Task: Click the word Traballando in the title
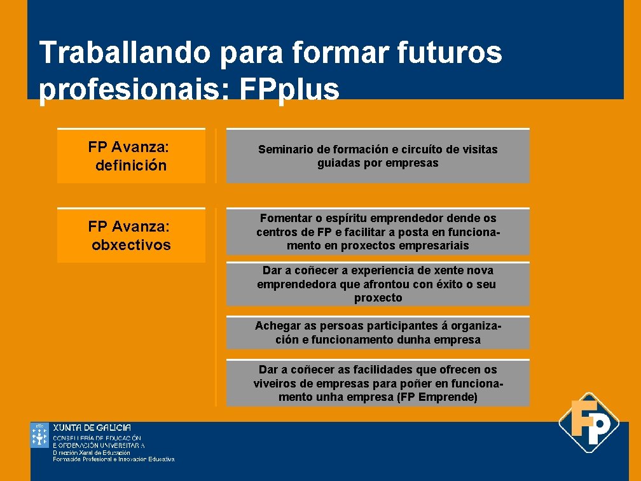click(x=125, y=52)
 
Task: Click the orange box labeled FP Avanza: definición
click(x=131, y=157)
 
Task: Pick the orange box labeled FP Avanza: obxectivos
click(x=131, y=235)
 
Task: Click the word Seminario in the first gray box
click(x=285, y=150)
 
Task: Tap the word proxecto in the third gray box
click(x=378, y=298)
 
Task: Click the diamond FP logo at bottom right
click(x=588, y=422)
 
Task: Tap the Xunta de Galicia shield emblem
click(x=39, y=435)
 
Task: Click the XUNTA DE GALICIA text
click(x=92, y=428)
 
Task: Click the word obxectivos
click(x=131, y=245)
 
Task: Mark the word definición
click(x=131, y=166)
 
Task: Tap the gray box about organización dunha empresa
click(x=378, y=333)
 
